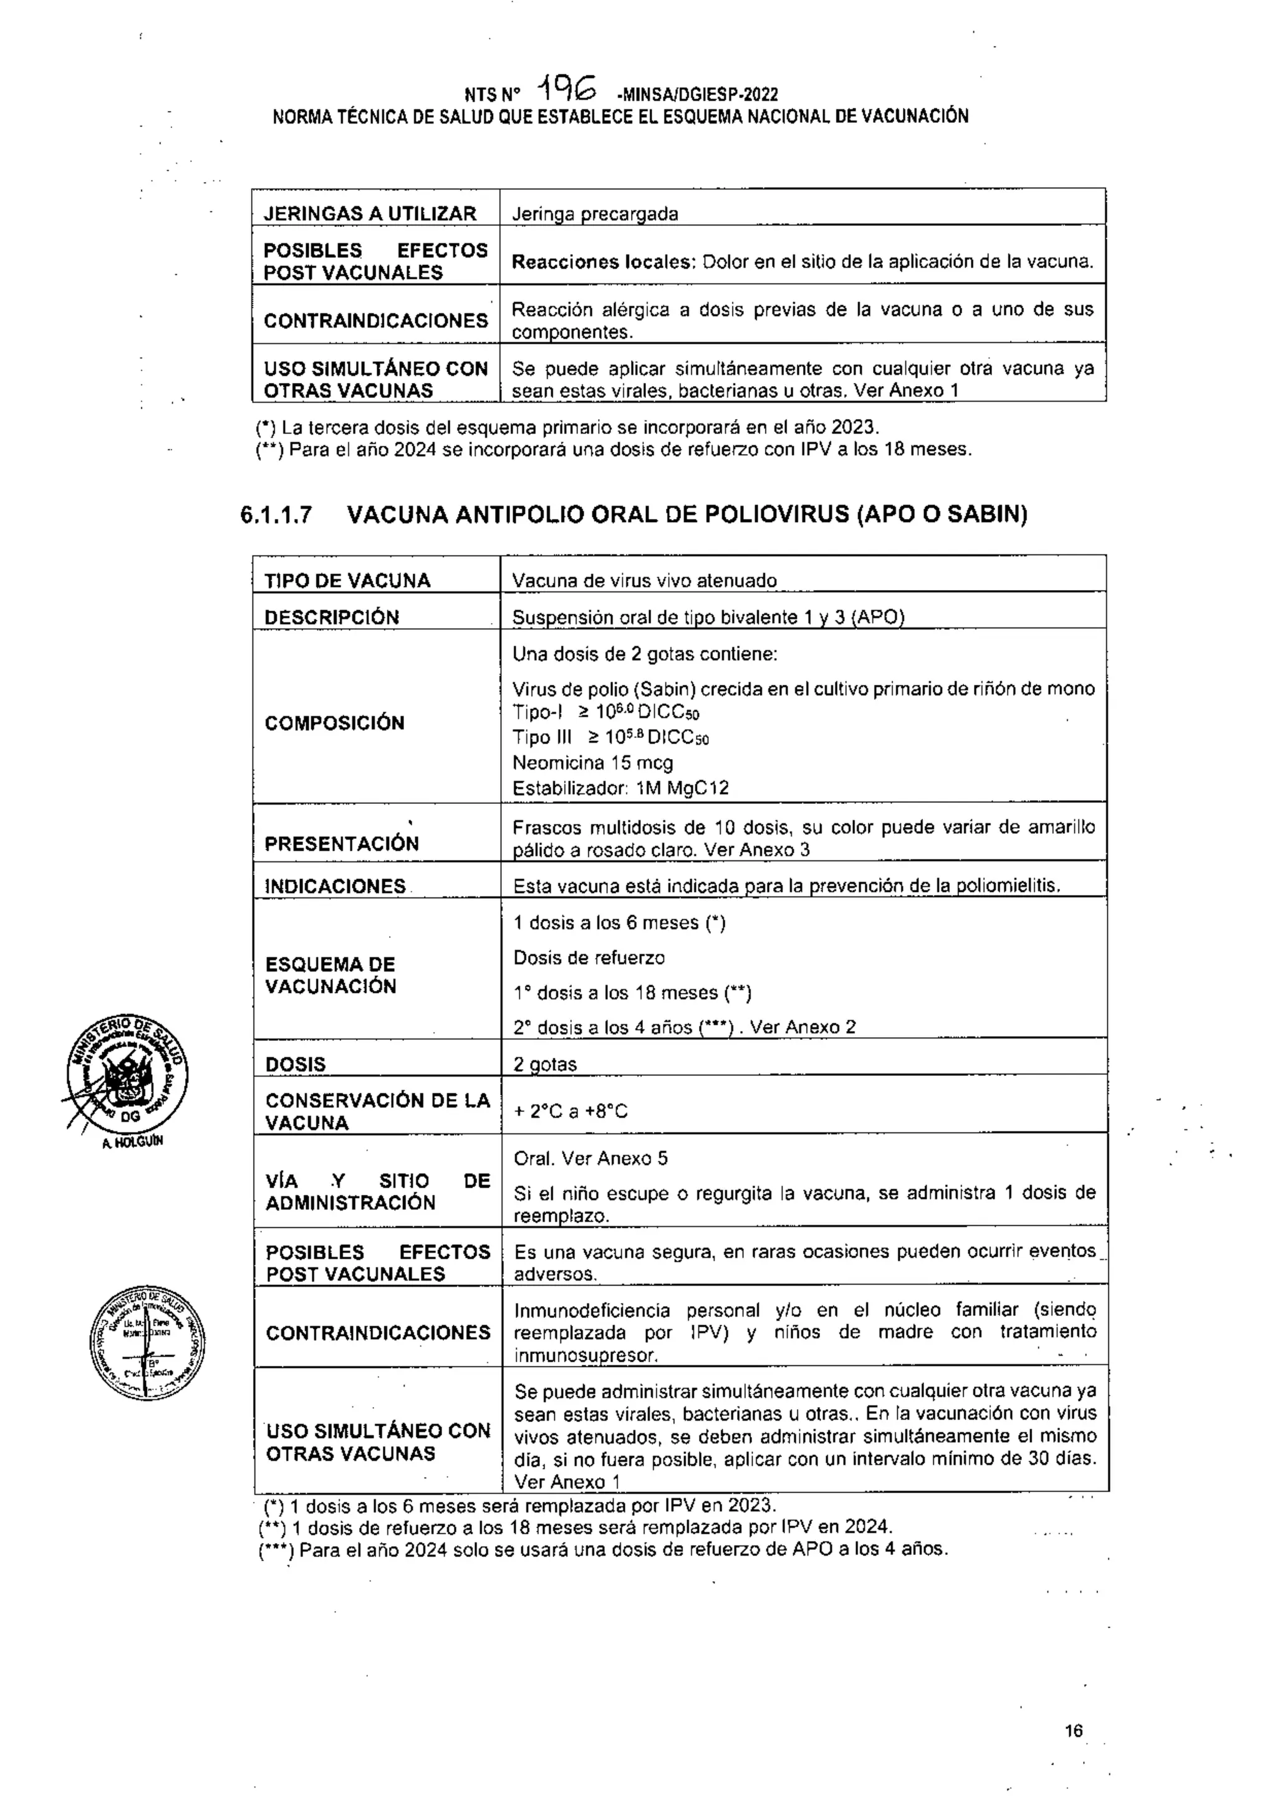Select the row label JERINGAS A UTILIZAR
(370, 213)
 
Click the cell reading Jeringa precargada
(594, 213)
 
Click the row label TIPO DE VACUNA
(348, 581)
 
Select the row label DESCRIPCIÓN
(332, 617)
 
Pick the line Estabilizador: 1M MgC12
(620, 788)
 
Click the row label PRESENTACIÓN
(341, 843)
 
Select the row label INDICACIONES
(335, 886)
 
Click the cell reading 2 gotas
(545, 1064)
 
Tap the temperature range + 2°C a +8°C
(571, 1111)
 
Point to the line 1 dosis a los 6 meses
(619, 923)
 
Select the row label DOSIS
(296, 1064)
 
